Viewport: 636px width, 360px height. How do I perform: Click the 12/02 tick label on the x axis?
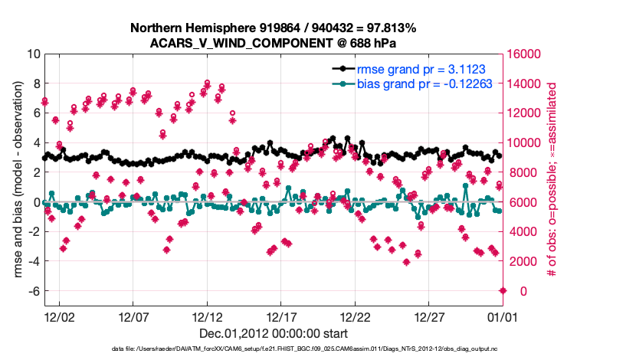pyautogui.click(x=59, y=316)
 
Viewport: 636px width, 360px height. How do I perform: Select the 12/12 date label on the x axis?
pyautogui.click(x=207, y=316)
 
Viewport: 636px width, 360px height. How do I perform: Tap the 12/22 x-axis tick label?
pyautogui.click(x=356, y=316)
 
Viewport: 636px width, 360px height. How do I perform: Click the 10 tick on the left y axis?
pyautogui.click(x=33, y=54)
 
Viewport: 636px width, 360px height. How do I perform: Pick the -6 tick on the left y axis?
pyautogui.click(x=33, y=291)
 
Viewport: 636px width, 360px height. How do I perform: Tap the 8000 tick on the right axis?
pyautogui.click(x=521, y=172)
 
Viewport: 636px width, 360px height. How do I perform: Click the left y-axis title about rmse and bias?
pyautogui.click(x=17, y=181)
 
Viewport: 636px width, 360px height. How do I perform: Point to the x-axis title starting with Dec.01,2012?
pyautogui.click(x=274, y=333)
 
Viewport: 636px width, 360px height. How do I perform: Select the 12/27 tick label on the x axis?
pyautogui.click(x=430, y=316)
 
